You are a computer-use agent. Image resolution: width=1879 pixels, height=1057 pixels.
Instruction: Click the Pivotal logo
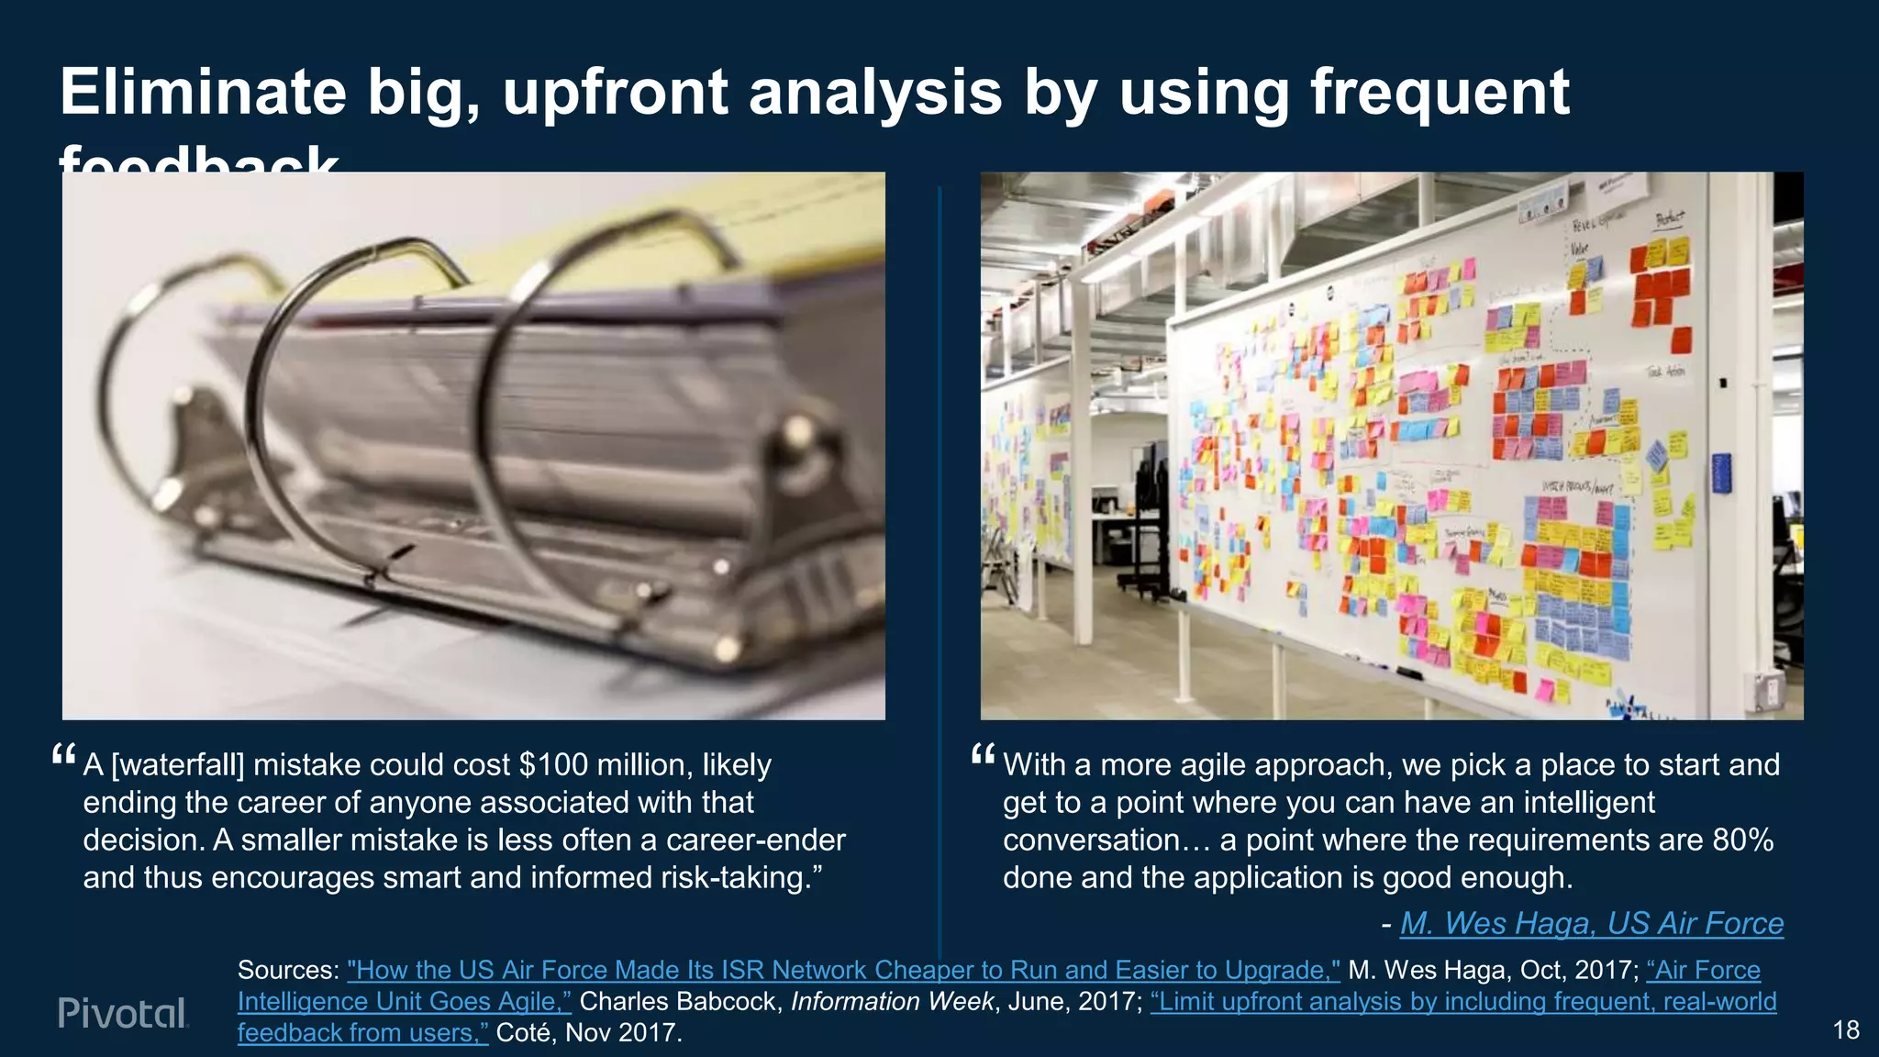pyautogui.click(x=123, y=1013)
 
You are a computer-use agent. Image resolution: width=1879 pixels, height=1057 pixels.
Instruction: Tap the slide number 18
pyautogui.click(x=1846, y=1030)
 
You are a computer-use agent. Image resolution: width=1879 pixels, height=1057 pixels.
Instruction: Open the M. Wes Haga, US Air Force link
pyautogui.click(x=1592, y=923)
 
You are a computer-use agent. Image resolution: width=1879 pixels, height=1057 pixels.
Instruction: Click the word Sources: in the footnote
pyautogui.click(x=288, y=970)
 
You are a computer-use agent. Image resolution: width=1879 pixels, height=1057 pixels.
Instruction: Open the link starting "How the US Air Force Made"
pyautogui.click(x=843, y=970)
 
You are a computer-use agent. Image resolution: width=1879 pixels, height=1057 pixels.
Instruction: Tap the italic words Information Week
pyautogui.click(x=892, y=1001)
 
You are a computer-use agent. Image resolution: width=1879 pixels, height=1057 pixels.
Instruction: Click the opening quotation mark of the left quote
pyautogui.click(x=63, y=756)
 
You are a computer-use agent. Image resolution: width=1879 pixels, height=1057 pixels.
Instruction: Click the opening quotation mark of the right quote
pyautogui.click(x=983, y=756)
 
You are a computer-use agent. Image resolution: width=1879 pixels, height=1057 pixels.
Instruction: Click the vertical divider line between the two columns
pyautogui.click(x=939, y=551)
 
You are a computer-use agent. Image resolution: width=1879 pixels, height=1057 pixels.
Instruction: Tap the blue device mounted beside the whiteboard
pyautogui.click(x=1721, y=473)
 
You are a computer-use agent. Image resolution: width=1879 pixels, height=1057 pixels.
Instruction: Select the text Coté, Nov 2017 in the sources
pyautogui.click(x=588, y=1033)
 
